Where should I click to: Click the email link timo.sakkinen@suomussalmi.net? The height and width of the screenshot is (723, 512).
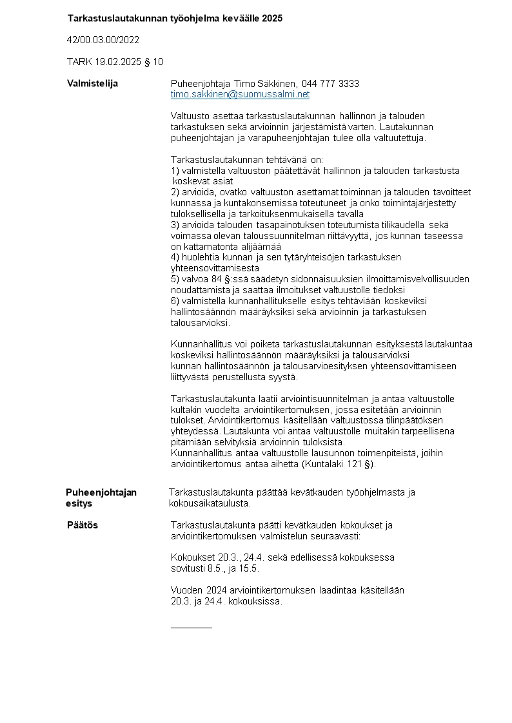click(x=240, y=95)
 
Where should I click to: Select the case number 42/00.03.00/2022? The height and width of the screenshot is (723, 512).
click(x=103, y=40)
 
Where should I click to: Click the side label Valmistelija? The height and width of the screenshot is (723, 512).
click(x=92, y=84)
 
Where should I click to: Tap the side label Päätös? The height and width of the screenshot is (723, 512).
click(x=83, y=525)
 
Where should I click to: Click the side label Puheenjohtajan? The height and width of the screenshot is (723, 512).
click(x=101, y=492)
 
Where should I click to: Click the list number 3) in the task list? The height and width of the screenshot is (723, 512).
click(x=175, y=224)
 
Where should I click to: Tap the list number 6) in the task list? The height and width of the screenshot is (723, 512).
click(x=175, y=300)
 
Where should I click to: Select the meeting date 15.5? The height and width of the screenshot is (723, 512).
click(x=253, y=568)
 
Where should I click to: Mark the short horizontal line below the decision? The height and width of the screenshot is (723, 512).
click(x=191, y=626)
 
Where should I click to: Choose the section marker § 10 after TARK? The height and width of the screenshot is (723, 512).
click(x=155, y=62)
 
